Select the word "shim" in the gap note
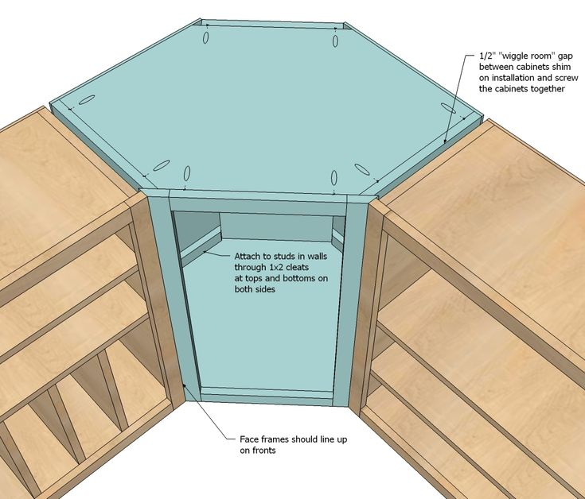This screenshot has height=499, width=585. coord(562,67)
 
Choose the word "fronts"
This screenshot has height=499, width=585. coord(263,451)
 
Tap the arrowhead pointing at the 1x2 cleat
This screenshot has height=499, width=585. coord(205,252)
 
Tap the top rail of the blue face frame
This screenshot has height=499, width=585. coord(258,206)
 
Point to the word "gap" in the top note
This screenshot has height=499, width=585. coord(565,56)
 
